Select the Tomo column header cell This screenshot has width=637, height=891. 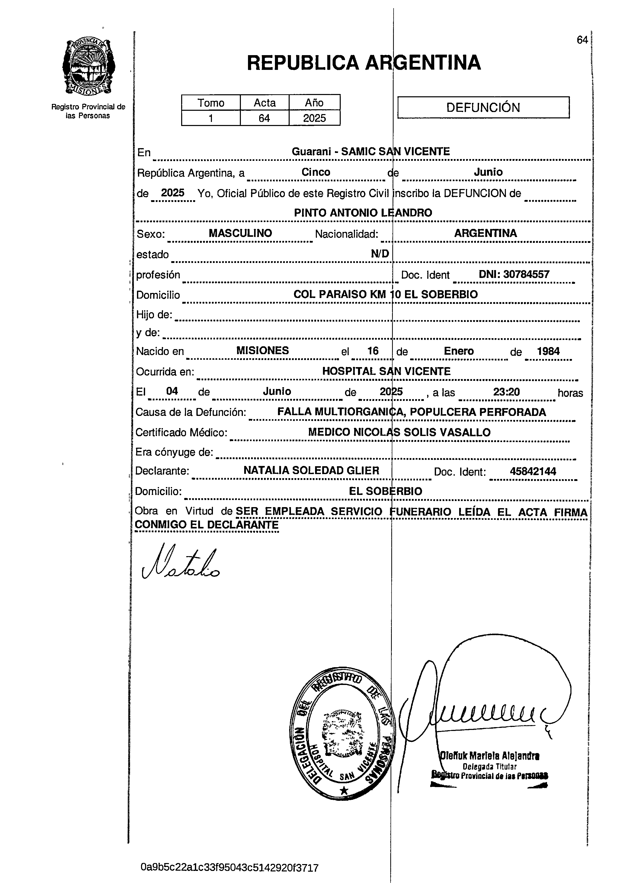211,103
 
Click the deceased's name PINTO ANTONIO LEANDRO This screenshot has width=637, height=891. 363,213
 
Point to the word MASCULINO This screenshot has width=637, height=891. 240,233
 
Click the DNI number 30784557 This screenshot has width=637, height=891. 514,275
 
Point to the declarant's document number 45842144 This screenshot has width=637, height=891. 533,471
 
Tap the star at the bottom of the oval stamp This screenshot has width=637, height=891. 344,790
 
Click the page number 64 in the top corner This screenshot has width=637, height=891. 582,40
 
